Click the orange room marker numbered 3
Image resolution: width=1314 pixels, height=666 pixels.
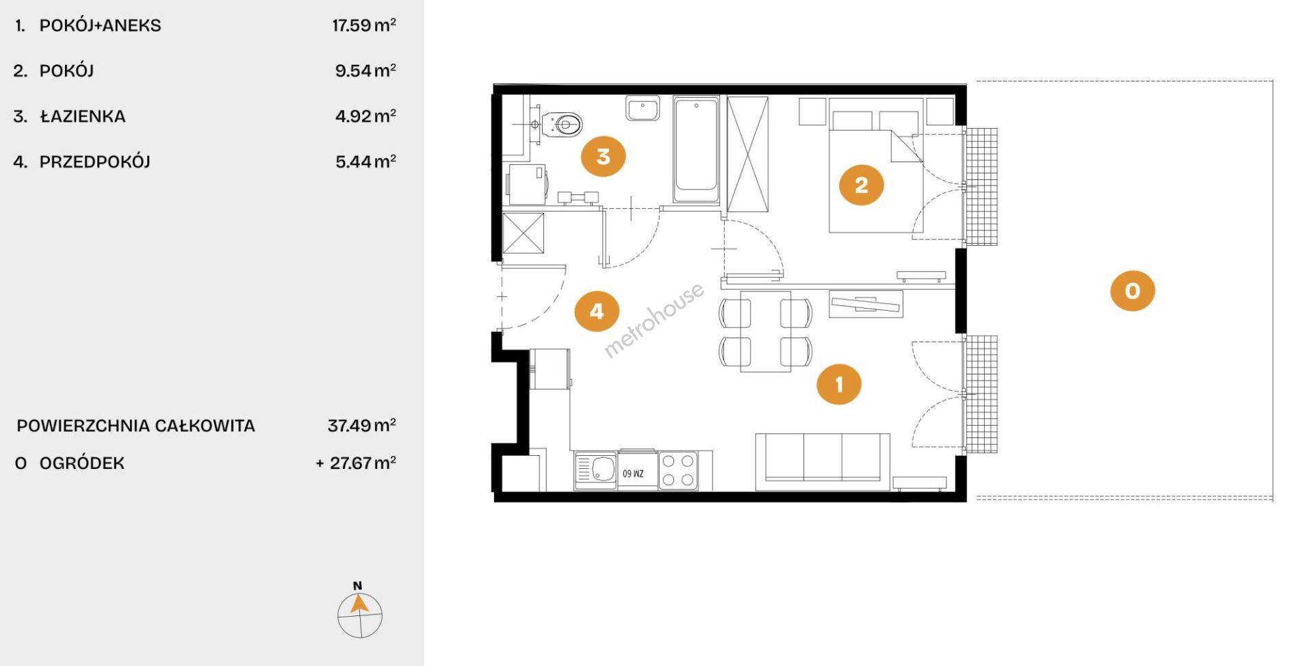click(x=603, y=156)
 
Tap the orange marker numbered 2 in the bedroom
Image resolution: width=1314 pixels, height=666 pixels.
click(x=861, y=185)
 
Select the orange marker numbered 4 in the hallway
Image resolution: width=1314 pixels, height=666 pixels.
click(x=597, y=311)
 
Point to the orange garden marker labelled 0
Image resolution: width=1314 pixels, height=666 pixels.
click(x=1132, y=290)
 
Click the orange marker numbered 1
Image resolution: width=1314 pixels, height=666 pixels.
click(x=839, y=384)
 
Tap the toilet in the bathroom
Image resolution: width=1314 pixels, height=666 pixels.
click(x=563, y=125)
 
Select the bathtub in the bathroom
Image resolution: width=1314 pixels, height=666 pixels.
click(x=695, y=149)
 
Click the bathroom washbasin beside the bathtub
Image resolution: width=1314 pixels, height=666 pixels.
click(x=643, y=108)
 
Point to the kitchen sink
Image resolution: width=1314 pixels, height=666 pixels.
click(x=596, y=471)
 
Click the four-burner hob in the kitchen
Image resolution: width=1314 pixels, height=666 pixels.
click(x=678, y=470)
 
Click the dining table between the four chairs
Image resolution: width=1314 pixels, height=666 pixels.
click(x=766, y=331)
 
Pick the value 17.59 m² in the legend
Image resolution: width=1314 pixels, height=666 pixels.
click(x=364, y=25)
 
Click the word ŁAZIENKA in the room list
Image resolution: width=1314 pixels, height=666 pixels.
click(x=83, y=116)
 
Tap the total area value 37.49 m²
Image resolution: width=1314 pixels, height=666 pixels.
click(x=362, y=425)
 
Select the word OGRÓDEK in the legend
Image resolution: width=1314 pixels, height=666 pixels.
click(x=82, y=463)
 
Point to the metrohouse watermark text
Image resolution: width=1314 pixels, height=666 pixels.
click(x=654, y=320)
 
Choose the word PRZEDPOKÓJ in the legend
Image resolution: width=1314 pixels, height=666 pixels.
click(x=95, y=162)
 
